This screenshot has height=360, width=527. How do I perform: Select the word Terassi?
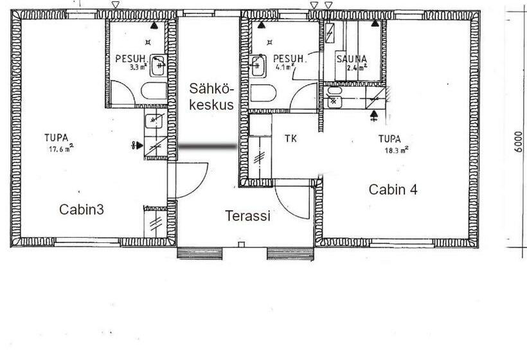tap(247, 216)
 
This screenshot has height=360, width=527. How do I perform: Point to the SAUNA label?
tap(351, 59)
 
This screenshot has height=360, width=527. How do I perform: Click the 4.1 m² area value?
tap(285, 66)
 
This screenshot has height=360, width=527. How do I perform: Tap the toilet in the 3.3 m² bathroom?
tap(152, 91)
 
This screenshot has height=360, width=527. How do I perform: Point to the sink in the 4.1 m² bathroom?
tap(257, 64)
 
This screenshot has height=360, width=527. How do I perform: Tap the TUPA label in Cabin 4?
tap(390, 139)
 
